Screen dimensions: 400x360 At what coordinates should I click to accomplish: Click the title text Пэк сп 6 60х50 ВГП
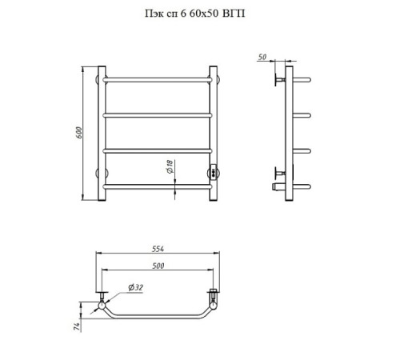tap(194, 14)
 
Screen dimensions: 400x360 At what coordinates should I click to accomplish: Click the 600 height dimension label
tap(79, 133)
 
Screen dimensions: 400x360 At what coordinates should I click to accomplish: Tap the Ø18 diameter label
tap(170, 166)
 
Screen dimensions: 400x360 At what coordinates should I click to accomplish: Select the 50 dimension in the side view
tap(262, 57)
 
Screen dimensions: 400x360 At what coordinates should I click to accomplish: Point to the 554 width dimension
tap(158, 249)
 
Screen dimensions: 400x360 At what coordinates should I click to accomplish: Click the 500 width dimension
tap(158, 266)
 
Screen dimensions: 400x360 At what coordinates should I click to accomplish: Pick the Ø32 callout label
tap(135, 287)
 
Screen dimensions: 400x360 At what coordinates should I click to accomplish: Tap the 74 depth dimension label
tap(77, 326)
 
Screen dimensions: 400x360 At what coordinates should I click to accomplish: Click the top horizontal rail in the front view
tap(158, 79)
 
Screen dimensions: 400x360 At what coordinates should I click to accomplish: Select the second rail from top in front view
tap(158, 115)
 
